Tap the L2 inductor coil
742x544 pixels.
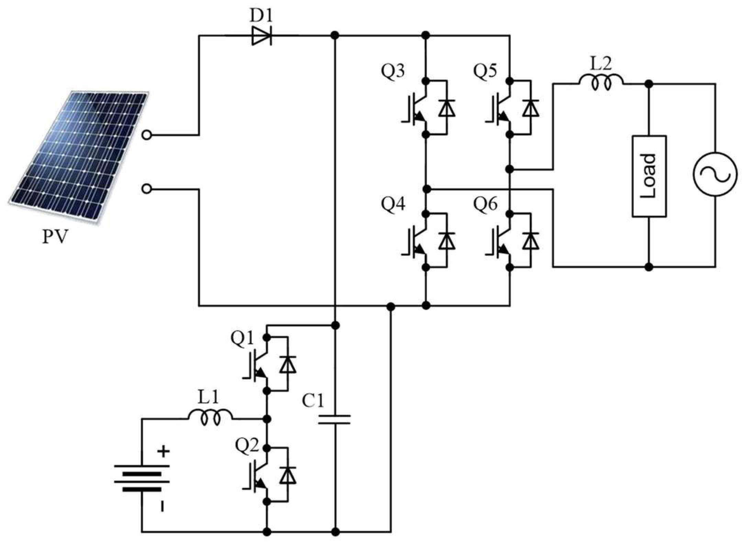pos(601,82)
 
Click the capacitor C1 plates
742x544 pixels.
pos(334,419)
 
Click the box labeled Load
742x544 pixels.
pos(649,176)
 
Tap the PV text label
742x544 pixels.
pos(55,237)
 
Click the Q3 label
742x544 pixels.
pos(393,71)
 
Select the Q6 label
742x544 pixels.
pos(485,204)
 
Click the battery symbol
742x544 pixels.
pos(142,478)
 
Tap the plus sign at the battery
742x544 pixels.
pos(164,452)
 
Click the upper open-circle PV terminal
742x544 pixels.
pos(147,135)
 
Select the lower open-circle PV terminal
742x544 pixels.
pos(147,189)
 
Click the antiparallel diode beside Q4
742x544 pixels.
pos(447,241)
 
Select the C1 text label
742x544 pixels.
pos(313,400)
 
